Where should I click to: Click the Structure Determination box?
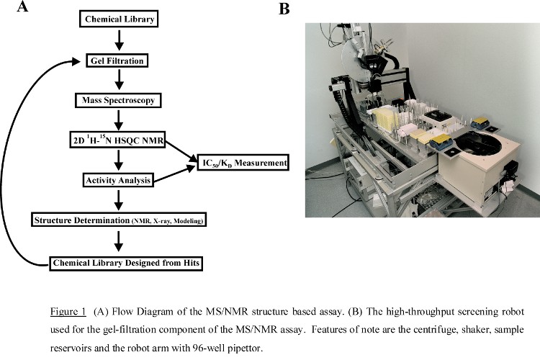119,217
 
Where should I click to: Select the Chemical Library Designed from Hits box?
124,263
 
